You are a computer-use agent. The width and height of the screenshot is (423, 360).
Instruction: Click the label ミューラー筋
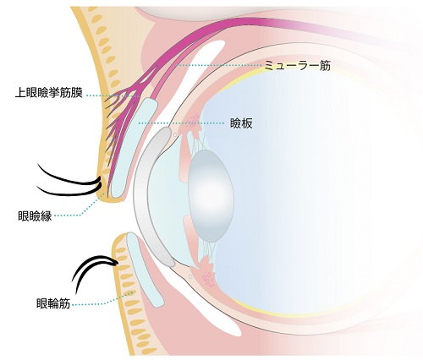297,66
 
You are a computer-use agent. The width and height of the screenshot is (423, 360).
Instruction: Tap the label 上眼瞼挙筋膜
49,93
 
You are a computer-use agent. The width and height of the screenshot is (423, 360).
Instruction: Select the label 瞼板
241,123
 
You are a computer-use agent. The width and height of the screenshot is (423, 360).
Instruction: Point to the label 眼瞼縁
35,216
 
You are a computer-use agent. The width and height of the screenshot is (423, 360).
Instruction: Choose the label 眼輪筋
53,303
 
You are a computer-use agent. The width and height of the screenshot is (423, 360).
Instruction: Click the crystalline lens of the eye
211,196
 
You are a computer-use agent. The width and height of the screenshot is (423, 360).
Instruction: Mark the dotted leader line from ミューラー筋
219,65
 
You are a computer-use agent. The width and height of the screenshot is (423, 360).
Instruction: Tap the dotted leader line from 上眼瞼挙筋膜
113,95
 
